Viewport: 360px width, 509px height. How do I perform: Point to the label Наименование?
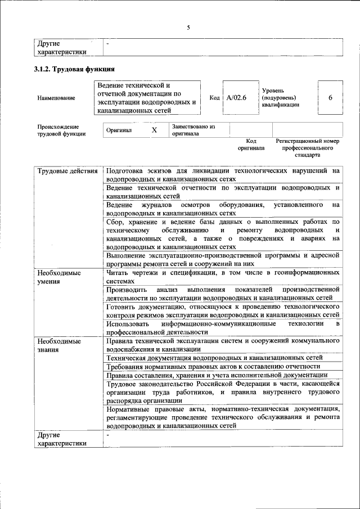56,98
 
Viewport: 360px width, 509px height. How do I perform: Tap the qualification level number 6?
330,98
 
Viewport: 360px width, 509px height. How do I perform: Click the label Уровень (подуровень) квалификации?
280,97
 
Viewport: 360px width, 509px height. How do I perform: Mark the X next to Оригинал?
154,130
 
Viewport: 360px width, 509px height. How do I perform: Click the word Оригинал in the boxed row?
119,130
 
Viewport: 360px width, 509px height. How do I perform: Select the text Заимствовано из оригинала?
193,130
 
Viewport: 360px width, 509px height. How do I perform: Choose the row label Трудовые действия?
67,170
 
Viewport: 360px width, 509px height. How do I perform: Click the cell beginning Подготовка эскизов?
223,174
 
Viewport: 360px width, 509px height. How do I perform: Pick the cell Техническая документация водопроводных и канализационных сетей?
214,357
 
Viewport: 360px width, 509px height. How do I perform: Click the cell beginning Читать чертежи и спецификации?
223,276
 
